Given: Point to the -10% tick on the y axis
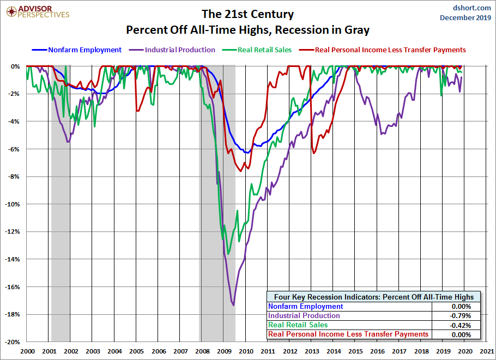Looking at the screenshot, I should click(x=11, y=204).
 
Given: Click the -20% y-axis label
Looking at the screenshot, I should click(x=11, y=342).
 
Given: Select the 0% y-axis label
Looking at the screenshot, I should click(x=15, y=66).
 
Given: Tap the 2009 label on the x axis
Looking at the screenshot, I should click(x=223, y=352).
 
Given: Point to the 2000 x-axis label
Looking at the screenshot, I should click(x=27, y=352).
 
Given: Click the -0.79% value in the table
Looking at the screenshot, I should click(x=461, y=316).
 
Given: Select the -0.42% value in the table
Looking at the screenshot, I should click(x=461, y=325).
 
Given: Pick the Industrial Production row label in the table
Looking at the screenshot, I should click(x=304, y=316).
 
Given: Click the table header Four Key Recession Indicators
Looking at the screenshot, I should click(x=374, y=297).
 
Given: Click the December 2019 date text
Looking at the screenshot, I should click(x=465, y=17).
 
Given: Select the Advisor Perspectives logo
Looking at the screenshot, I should click(x=36, y=11).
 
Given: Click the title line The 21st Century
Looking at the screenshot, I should click(x=247, y=14).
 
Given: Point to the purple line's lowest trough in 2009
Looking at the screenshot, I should click(x=234, y=305).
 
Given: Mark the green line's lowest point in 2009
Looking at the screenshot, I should click(x=228, y=254).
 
